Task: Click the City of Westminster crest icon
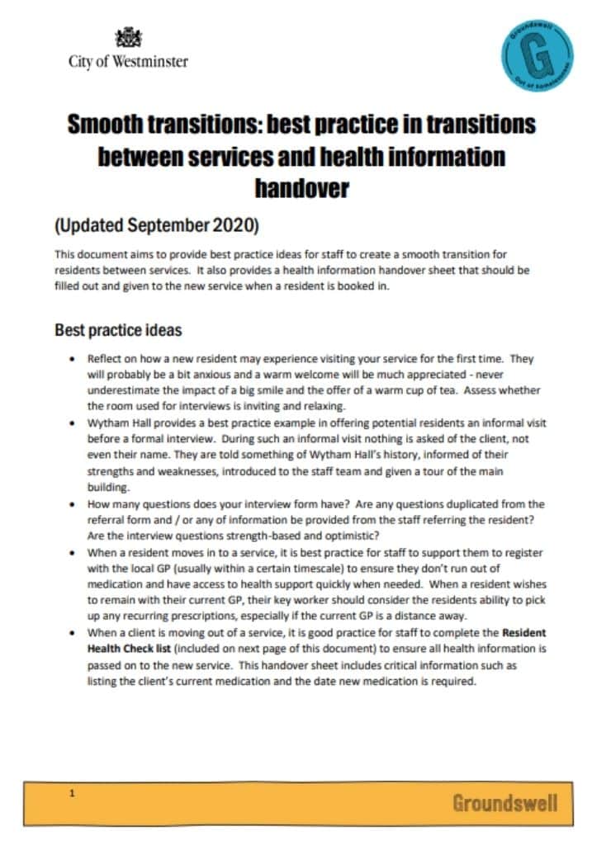tap(128, 37)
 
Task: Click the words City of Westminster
tap(128, 61)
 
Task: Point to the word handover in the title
tap(301, 188)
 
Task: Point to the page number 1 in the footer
tap(73, 794)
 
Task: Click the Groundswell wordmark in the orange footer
tap(504, 802)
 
